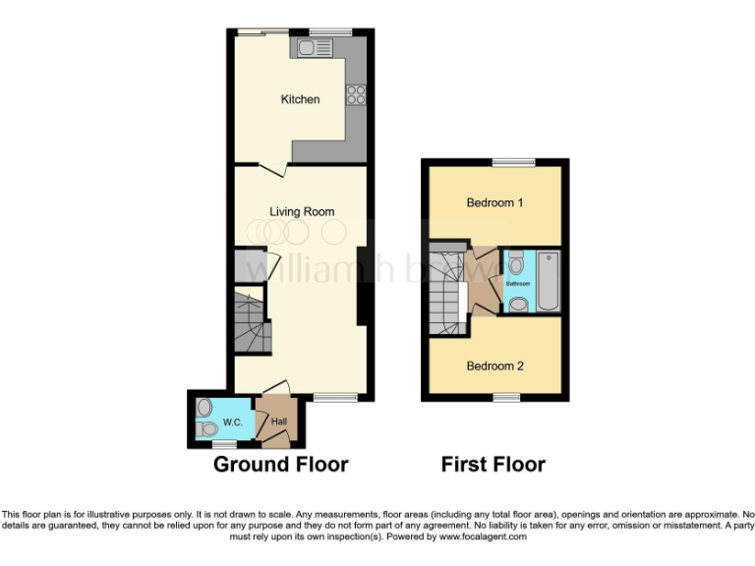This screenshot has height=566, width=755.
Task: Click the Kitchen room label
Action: [x=300, y=99]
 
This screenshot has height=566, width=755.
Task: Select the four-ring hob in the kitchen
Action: [x=355, y=95]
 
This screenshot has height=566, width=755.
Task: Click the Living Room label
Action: [x=302, y=211]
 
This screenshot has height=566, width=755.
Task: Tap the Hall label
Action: [x=279, y=423]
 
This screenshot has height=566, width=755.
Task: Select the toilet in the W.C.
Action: [x=206, y=429]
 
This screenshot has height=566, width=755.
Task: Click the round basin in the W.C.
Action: [x=204, y=406]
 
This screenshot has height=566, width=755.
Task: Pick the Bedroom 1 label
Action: [x=494, y=202]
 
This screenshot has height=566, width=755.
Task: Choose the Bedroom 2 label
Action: [x=494, y=367]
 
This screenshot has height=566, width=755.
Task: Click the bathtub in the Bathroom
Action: [x=549, y=282]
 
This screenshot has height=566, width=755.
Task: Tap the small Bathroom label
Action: [x=518, y=284]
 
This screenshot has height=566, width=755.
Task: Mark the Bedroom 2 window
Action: [x=506, y=397]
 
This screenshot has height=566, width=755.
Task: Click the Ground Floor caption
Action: [x=280, y=464]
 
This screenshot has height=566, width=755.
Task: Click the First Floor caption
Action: [x=493, y=464]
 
